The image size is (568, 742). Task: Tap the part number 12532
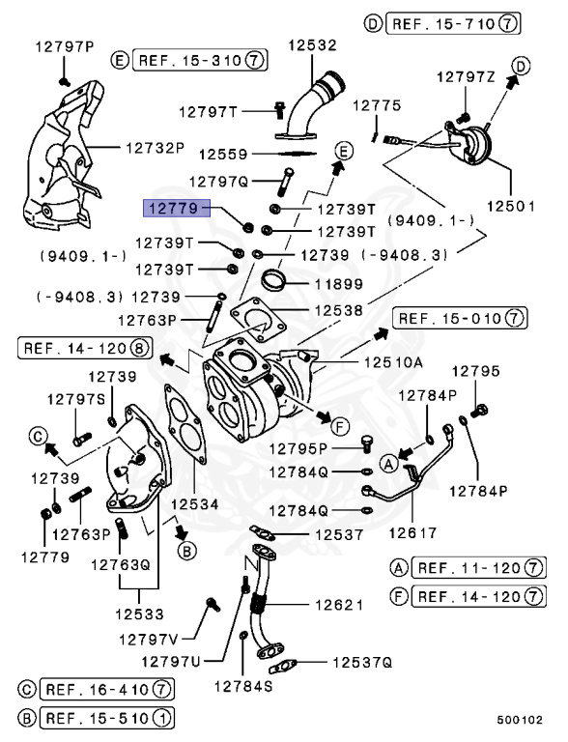[309, 44]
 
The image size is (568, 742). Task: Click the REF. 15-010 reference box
[460, 318]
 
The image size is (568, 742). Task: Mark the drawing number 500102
[521, 720]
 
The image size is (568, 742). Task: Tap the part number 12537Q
[362, 662]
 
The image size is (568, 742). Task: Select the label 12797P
[65, 45]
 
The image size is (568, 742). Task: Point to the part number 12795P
[298, 448]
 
